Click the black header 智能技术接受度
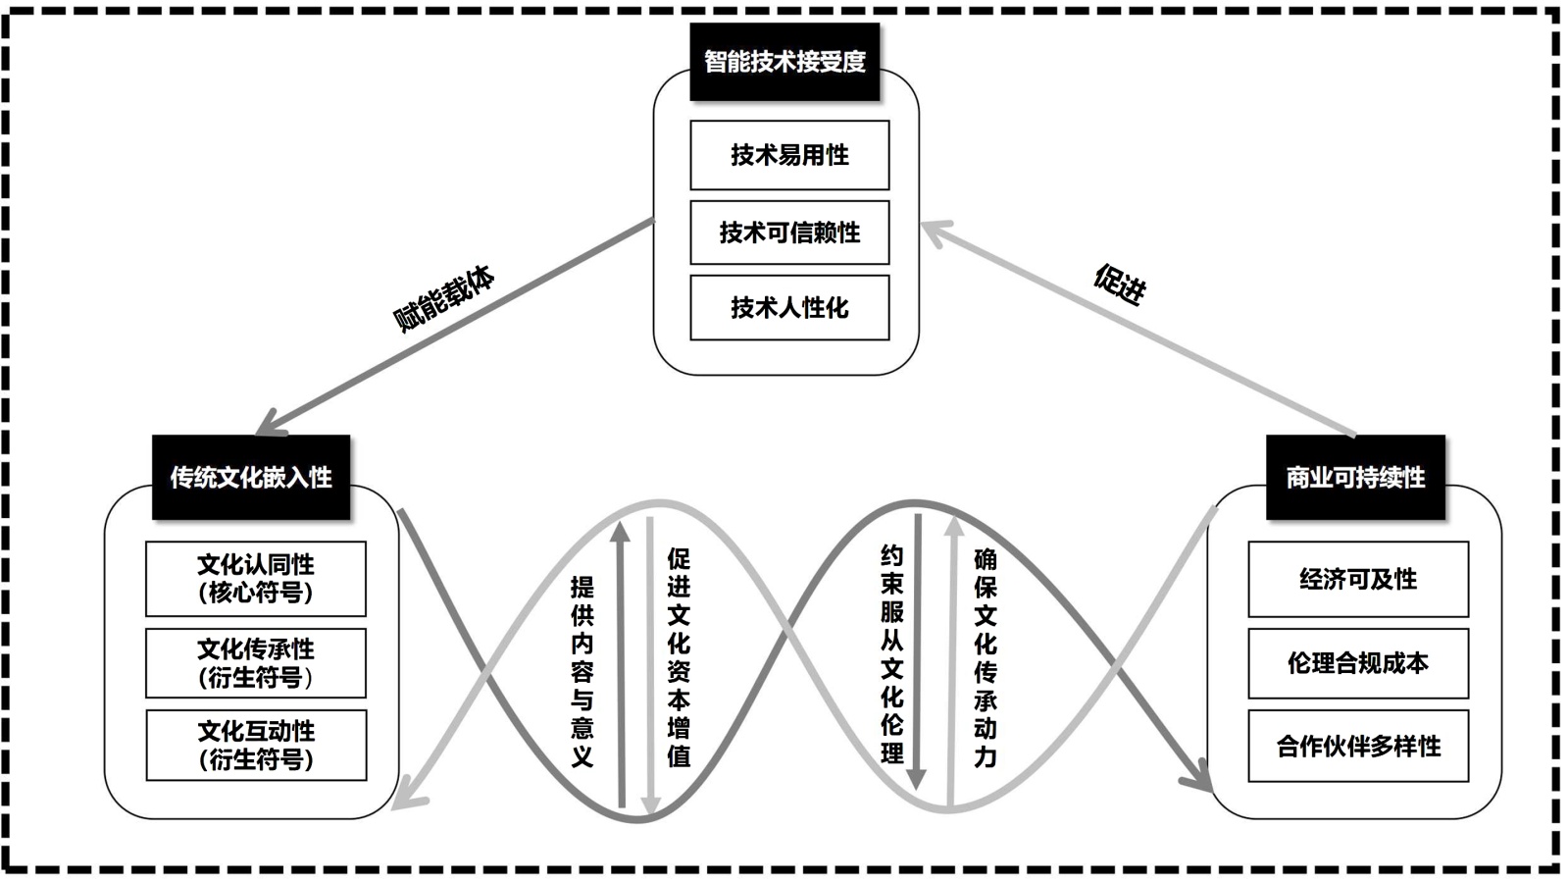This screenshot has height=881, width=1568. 784,62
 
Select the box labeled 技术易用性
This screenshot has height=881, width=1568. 789,155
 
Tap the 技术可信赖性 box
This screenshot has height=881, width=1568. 789,233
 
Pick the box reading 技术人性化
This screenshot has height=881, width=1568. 789,308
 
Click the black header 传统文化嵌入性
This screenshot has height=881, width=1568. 251,478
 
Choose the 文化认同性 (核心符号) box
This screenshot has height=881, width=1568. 256,579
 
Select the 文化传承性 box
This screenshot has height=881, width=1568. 256,663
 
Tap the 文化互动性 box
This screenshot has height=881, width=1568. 256,746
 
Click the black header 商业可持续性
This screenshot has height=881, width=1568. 1355,478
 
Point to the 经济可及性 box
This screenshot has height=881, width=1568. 1358,579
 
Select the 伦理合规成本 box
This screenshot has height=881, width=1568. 1358,663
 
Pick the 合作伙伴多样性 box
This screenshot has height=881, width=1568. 1358,747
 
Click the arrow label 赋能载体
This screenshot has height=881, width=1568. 444,298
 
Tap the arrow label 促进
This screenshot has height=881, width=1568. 1120,285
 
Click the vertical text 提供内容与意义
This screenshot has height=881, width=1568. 582,671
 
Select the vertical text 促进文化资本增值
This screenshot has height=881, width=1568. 679,657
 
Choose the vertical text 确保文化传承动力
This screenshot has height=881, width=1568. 986,657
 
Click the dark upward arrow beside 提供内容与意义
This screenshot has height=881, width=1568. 620,667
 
